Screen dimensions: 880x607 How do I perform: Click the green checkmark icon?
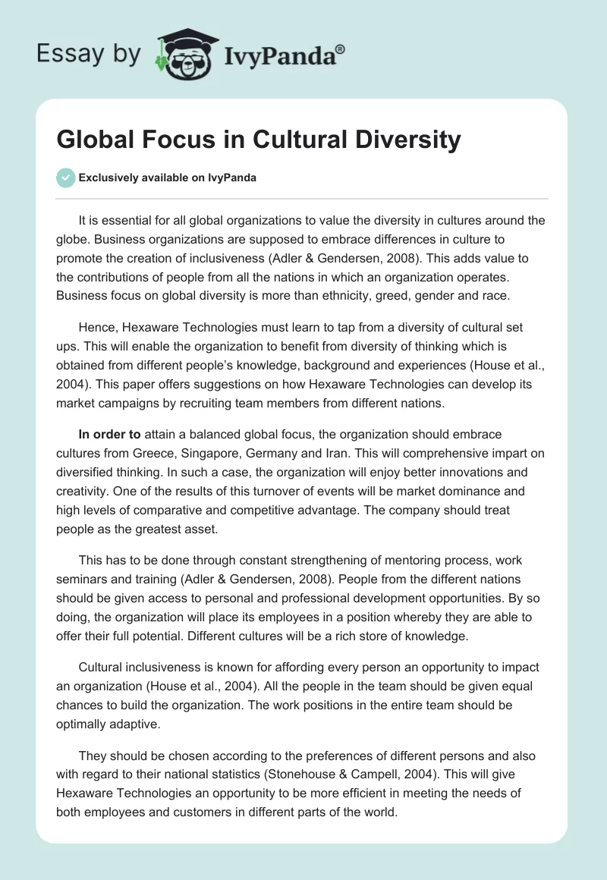click(x=65, y=178)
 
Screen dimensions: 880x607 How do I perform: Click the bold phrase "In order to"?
click(x=109, y=435)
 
